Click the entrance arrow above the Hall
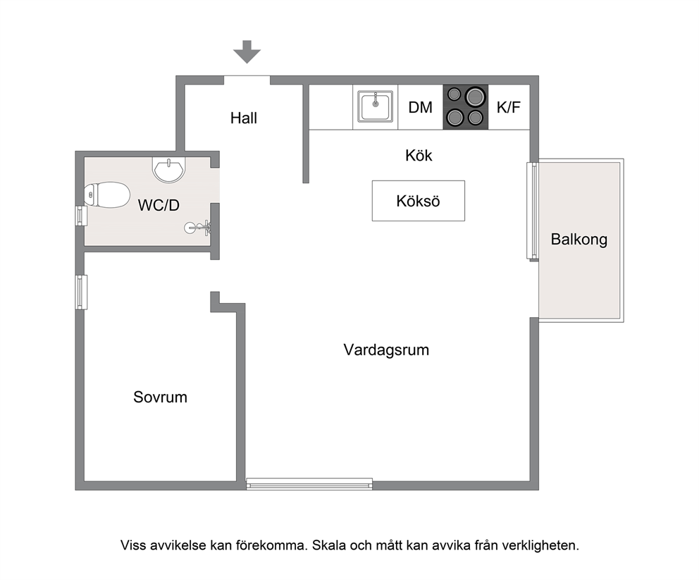[247, 51]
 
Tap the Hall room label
[244, 118]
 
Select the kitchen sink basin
[376, 106]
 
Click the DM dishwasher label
[421, 107]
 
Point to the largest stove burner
[475, 97]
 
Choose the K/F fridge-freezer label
[509, 107]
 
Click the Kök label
[419, 156]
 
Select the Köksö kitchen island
[419, 201]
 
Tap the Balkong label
[579, 240]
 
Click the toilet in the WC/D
[107, 195]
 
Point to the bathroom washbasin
[168, 169]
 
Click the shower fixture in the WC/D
[198, 228]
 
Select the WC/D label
[159, 205]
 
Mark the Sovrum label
[160, 397]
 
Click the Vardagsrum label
[387, 350]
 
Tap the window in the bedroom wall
[81, 292]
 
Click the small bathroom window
[81, 216]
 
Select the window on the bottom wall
[309, 484]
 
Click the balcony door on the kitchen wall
[533, 211]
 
